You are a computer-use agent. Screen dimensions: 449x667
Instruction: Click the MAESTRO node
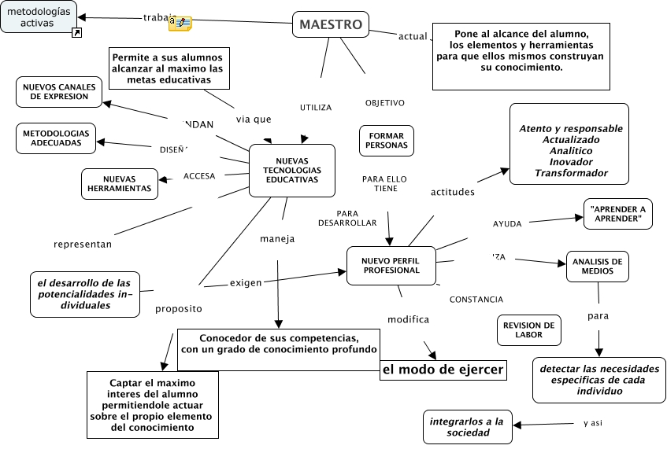(x=331, y=25)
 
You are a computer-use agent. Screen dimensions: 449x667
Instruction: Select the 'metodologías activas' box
(x=39, y=17)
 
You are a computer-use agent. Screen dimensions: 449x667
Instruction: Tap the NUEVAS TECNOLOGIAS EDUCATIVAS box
(x=292, y=170)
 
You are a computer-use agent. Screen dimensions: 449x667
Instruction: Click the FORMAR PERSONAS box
(x=387, y=140)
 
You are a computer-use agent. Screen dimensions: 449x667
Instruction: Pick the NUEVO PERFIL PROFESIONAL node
(x=391, y=265)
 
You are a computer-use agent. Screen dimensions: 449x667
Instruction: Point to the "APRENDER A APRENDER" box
(x=618, y=214)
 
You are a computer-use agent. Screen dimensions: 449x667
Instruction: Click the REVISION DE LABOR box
(x=528, y=329)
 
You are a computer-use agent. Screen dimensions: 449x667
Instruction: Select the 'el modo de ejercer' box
(x=443, y=370)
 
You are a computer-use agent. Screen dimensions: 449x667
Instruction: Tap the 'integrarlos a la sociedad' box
(x=467, y=426)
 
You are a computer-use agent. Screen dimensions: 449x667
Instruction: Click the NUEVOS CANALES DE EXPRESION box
(x=59, y=91)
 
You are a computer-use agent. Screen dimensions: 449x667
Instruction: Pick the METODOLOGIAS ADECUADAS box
(x=56, y=138)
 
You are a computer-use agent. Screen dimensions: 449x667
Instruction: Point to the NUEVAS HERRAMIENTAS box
(x=120, y=183)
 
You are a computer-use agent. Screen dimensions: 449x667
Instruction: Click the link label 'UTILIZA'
(x=316, y=108)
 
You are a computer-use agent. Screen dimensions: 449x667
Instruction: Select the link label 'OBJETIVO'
(x=385, y=103)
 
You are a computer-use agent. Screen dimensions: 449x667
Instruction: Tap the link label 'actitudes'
(x=453, y=192)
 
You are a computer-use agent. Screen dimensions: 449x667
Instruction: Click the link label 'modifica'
(x=408, y=319)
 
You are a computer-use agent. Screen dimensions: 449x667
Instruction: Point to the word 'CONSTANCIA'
(x=476, y=300)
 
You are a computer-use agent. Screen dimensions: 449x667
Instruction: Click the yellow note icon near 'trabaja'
(x=180, y=24)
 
